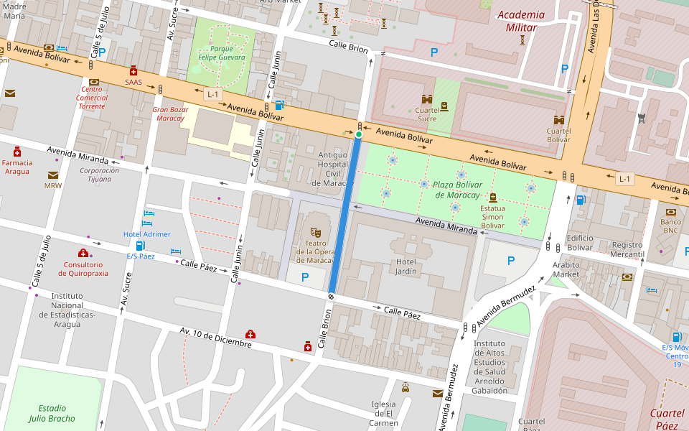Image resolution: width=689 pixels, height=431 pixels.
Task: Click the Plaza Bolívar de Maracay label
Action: tap(456, 190)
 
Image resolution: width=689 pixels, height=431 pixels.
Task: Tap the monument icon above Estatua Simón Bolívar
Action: tap(493, 197)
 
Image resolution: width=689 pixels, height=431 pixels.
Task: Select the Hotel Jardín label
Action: tap(406, 267)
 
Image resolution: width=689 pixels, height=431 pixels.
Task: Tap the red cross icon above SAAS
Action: tap(133, 70)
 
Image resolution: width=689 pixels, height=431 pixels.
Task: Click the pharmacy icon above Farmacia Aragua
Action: tap(17, 152)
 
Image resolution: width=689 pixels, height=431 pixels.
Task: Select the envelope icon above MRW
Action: tap(53, 175)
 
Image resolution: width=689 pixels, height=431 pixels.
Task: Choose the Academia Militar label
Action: tap(520, 21)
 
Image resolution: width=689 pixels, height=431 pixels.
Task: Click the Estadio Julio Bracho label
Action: tap(52, 413)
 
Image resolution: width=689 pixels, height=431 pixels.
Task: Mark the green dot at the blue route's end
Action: tap(359, 134)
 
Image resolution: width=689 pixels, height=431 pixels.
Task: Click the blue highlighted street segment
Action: tap(346, 215)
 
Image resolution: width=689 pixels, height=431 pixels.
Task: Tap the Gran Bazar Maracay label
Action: tap(170, 113)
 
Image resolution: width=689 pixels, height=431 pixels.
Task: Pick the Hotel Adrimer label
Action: tap(147, 234)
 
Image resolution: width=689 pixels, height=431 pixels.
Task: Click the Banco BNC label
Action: tap(670, 226)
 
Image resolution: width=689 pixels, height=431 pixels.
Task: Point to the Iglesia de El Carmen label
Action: tap(384, 413)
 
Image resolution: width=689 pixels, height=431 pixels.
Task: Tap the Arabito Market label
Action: tap(566, 269)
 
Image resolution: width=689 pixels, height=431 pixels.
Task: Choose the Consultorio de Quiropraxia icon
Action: tap(83, 253)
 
